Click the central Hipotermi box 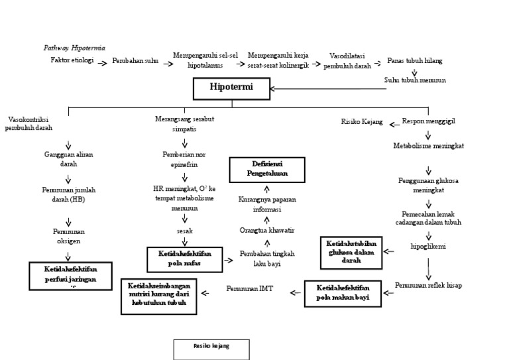click(x=231, y=88)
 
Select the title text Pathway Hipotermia click(x=74, y=48)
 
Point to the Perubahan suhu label click(x=135, y=61)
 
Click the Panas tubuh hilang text click(x=415, y=61)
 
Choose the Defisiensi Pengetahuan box click(x=267, y=169)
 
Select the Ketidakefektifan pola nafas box click(x=184, y=258)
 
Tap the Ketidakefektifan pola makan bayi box click(x=343, y=293)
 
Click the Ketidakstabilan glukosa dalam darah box click(x=352, y=253)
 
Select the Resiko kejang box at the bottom click(x=211, y=349)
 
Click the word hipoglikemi click(x=428, y=247)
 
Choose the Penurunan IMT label click(x=249, y=289)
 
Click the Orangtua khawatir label click(x=266, y=230)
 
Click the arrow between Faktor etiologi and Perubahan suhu click(x=103, y=61)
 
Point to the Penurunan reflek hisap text click(x=428, y=285)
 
